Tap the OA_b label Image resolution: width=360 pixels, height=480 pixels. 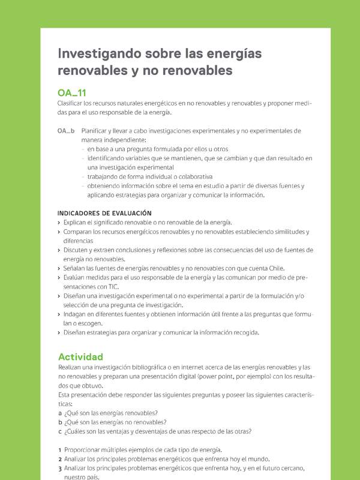click(66, 130)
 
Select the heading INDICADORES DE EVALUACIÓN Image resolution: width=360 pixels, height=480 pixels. click(104, 213)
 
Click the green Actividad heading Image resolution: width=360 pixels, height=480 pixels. click(80, 356)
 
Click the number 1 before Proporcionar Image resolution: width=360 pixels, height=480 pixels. click(59, 450)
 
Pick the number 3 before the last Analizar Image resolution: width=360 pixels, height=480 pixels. click(59, 469)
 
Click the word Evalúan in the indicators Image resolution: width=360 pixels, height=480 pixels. click(76, 278)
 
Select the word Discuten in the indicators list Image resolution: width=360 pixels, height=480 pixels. click(78, 250)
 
